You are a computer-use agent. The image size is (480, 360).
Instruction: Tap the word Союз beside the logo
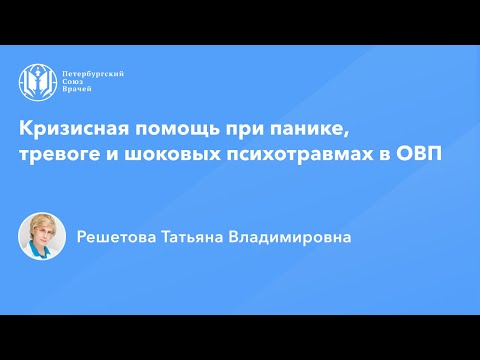click(73, 83)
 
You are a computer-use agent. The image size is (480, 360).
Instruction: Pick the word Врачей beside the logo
click(76, 92)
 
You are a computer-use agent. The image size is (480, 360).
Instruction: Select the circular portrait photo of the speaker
click(42, 237)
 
